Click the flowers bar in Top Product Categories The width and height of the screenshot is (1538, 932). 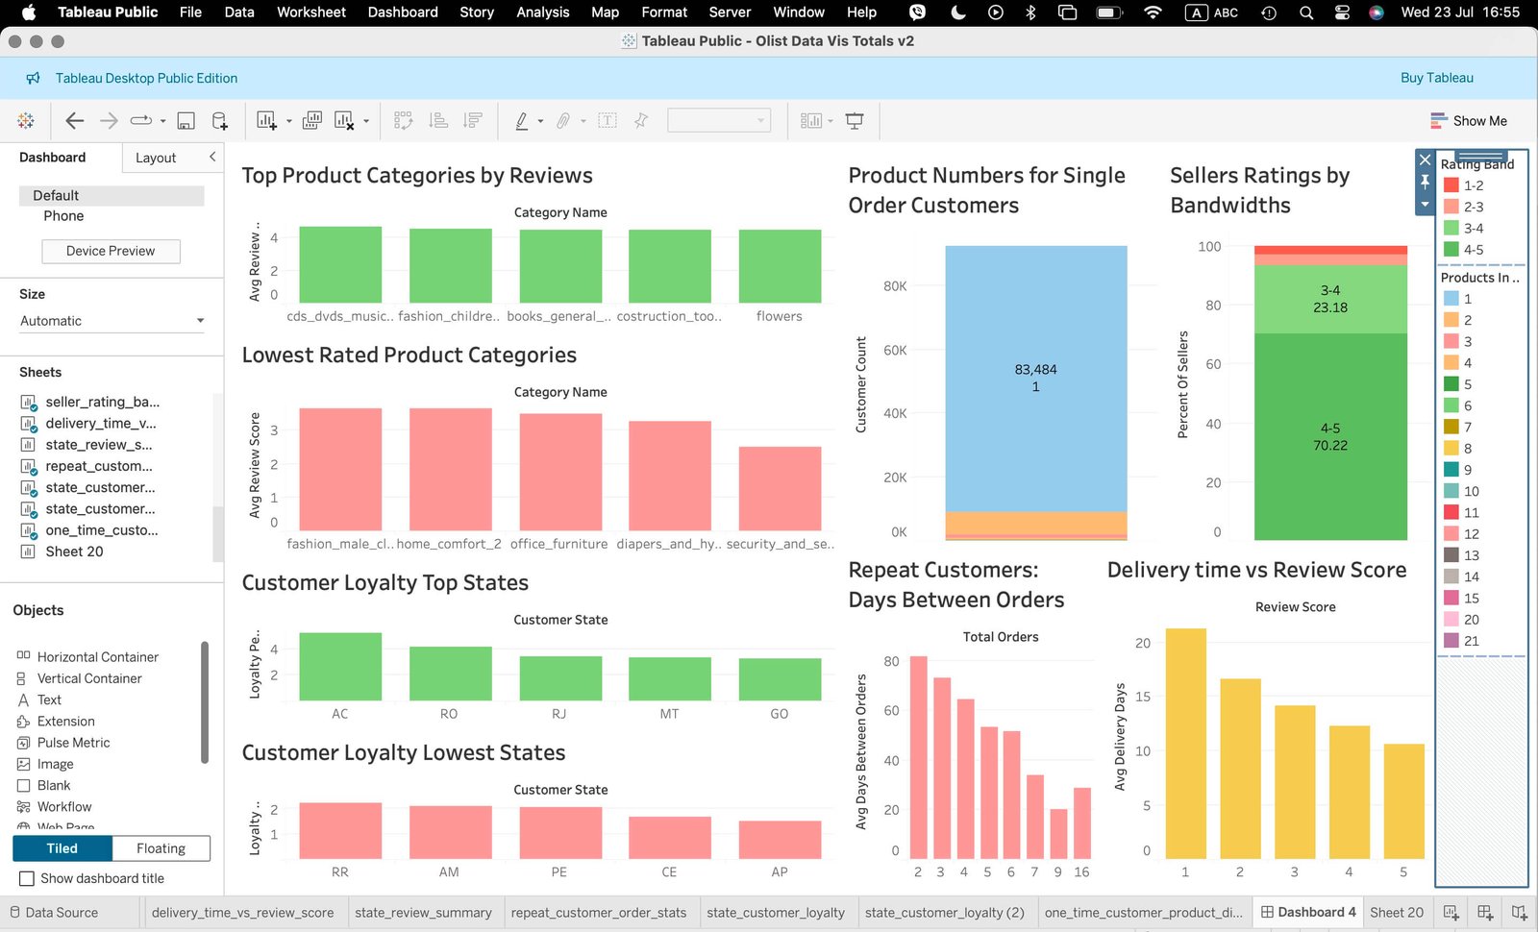780,266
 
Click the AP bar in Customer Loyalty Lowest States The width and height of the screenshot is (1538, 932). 780,840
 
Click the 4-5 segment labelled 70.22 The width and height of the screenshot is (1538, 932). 1330,437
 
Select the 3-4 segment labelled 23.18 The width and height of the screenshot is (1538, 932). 1330,299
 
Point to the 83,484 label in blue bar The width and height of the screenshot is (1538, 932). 1035,370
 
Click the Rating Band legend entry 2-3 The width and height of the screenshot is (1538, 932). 1473,207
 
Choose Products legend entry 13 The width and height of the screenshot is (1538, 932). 1471,555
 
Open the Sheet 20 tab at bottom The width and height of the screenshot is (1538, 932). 1396,912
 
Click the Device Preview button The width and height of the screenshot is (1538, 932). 111,251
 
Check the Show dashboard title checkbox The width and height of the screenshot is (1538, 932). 27,878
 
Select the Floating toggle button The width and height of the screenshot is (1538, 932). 161,848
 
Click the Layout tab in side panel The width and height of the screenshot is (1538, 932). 156,158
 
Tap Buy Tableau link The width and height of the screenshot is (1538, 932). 1436,78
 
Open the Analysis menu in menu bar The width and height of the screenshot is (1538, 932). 542,12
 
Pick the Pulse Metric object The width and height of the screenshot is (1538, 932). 73,743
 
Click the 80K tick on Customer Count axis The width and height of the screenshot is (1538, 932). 895,286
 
